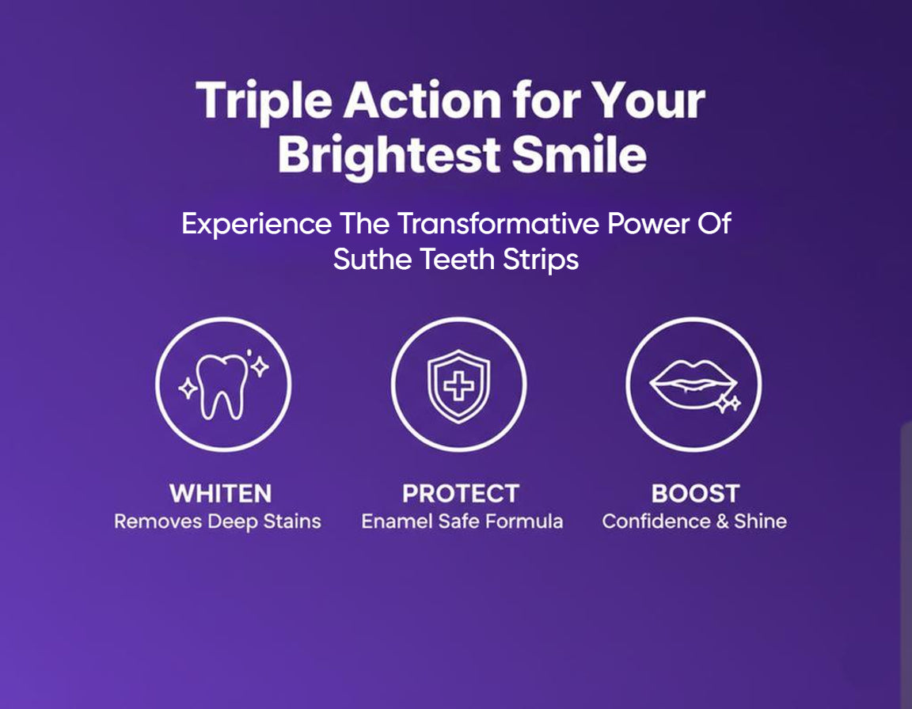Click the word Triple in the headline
coord(264,102)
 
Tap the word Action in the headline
coord(422,100)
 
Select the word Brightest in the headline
coord(389,156)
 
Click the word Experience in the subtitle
coord(256,224)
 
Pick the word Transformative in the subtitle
coord(498,223)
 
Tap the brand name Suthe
coord(372,259)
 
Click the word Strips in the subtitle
coord(541,260)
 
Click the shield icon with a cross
coord(459,386)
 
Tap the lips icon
coord(693,384)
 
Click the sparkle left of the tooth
coord(188,389)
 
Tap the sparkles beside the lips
coord(728,404)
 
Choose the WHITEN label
coord(221,494)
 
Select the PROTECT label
coord(461,494)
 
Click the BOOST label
coord(696,494)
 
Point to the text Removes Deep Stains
coord(218,522)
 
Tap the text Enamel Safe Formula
coord(462,521)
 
